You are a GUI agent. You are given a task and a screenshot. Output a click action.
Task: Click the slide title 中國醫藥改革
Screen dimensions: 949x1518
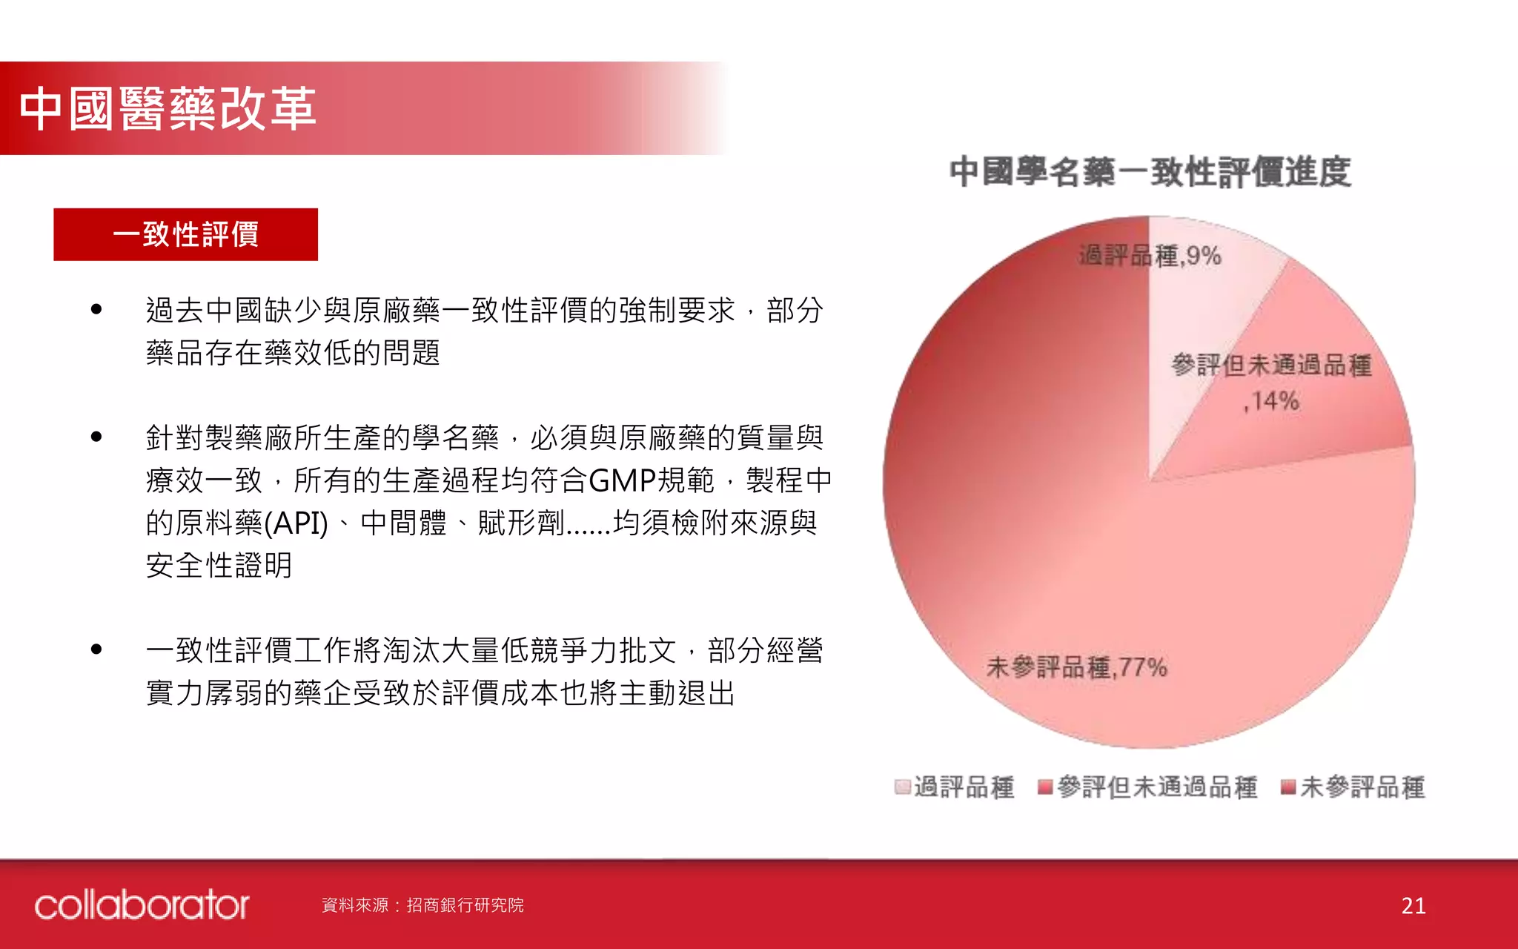(168, 108)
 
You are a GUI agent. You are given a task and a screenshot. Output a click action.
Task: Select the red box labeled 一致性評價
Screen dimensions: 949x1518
(185, 234)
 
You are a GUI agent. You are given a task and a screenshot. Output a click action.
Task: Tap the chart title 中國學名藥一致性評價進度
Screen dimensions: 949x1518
(1150, 172)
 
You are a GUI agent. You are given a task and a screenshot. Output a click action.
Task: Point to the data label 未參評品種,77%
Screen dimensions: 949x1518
(1076, 667)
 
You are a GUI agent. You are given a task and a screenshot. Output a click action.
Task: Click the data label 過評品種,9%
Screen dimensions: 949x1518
(1150, 256)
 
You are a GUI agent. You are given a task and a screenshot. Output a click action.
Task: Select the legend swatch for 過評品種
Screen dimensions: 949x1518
(902, 787)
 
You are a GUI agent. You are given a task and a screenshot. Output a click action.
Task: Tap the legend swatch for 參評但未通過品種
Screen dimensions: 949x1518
(1045, 787)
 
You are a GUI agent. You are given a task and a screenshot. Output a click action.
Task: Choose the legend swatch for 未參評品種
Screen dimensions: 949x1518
(1288, 787)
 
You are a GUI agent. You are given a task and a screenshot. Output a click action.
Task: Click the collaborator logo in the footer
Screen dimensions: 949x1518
(142, 905)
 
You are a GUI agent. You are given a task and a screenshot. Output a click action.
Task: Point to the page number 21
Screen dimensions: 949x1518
(1413, 905)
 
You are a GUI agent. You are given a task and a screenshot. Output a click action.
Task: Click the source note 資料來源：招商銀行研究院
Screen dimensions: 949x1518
(422, 905)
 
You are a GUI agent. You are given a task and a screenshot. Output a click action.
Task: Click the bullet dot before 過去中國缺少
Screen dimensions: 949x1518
(96, 309)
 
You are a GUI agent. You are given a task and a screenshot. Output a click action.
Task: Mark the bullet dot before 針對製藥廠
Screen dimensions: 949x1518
(96, 437)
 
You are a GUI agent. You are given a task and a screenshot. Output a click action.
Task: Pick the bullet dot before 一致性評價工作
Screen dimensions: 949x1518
(96, 649)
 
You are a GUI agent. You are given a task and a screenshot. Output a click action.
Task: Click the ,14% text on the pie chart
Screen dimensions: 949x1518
(1271, 401)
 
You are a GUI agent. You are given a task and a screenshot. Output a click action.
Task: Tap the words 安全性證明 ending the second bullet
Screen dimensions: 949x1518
(219, 566)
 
